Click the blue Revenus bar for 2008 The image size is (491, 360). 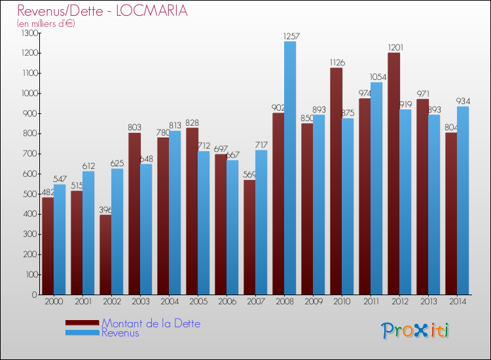point(290,168)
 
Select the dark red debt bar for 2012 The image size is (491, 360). point(393,173)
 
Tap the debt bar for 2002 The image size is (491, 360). point(105,255)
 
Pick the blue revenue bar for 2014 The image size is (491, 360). point(463,200)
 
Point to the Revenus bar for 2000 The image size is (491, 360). point(60,239)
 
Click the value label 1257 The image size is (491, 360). point(290,37)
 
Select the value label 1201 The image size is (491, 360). point(393,48)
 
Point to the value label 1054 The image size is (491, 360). point(376,77)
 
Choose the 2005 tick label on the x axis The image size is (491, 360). point(198,303)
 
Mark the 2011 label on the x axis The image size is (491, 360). point(371,303)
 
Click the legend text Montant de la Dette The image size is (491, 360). point(151,323)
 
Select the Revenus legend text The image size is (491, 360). point(120,333)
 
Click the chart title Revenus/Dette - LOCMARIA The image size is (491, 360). point(102,10)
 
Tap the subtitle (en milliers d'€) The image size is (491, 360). point(46,24)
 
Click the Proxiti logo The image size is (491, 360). point(416,331)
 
